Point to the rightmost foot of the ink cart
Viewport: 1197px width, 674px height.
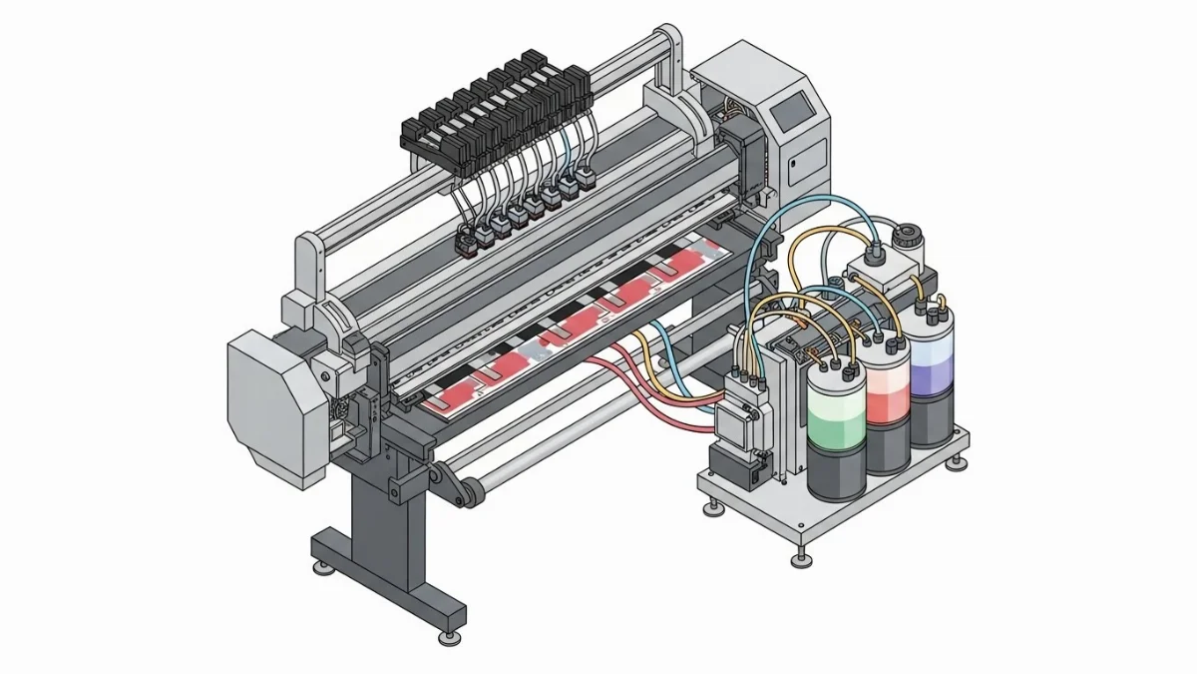959,462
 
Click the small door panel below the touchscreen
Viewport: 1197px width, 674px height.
804,165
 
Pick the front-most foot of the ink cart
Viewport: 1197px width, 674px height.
798,555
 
